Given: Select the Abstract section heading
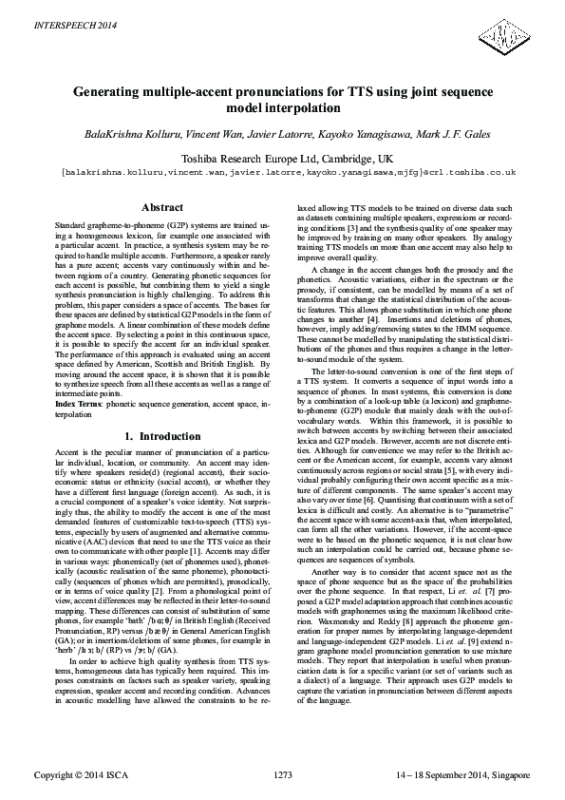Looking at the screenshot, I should pos(161,207).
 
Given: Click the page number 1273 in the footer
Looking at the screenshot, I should pos(282,777).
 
